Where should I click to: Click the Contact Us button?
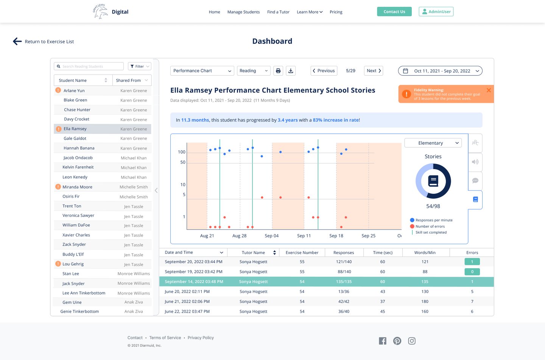point(394,12)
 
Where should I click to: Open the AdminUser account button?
point(436,12)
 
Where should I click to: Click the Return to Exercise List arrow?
point(17,42)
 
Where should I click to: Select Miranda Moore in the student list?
point(78,187)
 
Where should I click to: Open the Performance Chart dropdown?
point(202,71)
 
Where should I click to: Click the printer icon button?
point(278,71)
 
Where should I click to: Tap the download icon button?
point(291,71)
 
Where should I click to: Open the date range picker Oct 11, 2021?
point(440,71)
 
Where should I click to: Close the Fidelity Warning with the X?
point(489,90)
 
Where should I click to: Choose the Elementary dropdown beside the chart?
point(433,143)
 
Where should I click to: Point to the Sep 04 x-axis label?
point(271,236)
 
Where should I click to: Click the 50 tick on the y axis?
point(183,162)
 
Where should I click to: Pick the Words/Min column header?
point(425,252)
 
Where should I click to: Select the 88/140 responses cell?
point(344,272)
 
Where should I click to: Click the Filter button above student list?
point(139,66)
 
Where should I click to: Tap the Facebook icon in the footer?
point(383,341)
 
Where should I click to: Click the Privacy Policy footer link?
point(201,338)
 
